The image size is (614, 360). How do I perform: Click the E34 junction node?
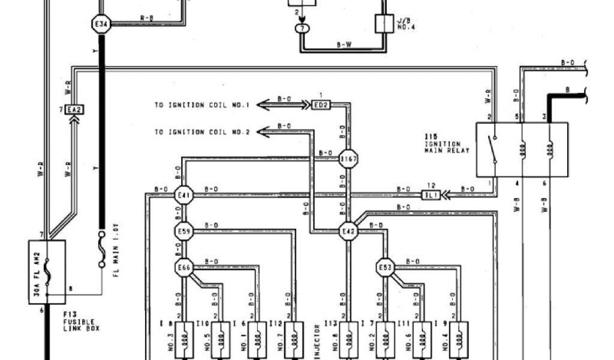pyautogui.click(x=101, y=25)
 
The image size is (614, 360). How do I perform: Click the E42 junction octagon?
pyautogui.click(x=348, y=232)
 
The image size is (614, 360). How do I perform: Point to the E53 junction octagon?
pyautogui.click(x=385, y=268)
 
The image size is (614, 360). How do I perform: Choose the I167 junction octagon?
pyautogui.click(x=348, y=160)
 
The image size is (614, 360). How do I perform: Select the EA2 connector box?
pyautogui.click(x=74, y=110)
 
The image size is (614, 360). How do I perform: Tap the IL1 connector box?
pyautogui.click(x=431, y=195)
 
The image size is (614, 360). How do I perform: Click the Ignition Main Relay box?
pyautogui.click(x=522, y=149)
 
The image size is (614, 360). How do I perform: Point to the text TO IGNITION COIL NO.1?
pyautogui.click(x=201, y=106)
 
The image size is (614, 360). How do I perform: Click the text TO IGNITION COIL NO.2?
pyautogui.click(x=201, y=131)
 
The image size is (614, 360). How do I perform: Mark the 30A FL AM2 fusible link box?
pyautogui.click(x=47, y=272)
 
